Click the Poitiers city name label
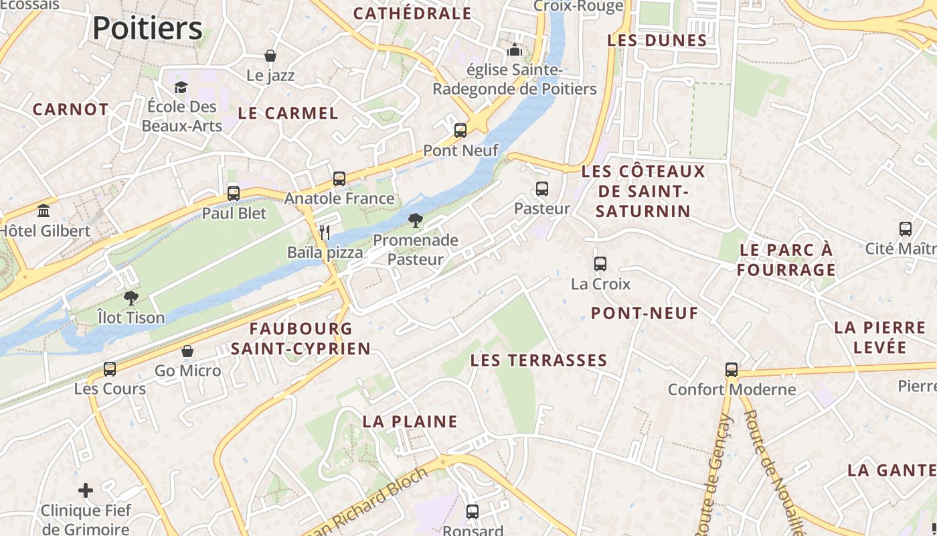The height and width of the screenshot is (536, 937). pyautogui.click(x=147, y=28)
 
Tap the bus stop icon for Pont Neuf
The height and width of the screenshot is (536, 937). pyautogui.click(x=460, y=131)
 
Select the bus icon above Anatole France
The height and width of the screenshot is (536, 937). pyautogui.click(x=339, y=179)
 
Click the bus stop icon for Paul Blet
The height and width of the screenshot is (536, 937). pyautogui.click(x=234, y=194)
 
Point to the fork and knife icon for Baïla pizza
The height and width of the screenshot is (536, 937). pyautogui.click(x=325, y=232)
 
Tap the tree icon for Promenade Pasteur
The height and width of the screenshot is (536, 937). pyautogui.click(x=416, y=220)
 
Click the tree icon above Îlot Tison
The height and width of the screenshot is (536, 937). pyautogui.click(x=131, y=297)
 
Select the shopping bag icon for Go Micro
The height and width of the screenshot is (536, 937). pyautogui.click(x=187, y=351)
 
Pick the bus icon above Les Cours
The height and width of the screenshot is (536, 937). pyautogui.click(x=110, y=369)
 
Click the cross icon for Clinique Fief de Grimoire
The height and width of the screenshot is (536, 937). pyautogui.click(x=86, y=490)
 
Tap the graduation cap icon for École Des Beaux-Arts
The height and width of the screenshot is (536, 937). pyautogui.click(x=181, y=87)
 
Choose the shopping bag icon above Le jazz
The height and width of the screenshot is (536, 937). pyautogui.click(x=270, y=56)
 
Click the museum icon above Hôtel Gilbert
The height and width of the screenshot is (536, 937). pyautogui.click(x=44, y=211)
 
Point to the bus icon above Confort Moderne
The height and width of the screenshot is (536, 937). pyautogui.click(x=732, y=370)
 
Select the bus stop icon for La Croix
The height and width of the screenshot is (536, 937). pyautogui.click(x=600, y=264)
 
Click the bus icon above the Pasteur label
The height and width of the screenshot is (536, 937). pyautogui.click(x=542, y=189)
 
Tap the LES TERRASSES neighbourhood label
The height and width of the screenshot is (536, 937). pyautogui.click(x=538, y=360)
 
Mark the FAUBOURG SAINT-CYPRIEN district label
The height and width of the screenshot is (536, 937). pyautogui.click(x=301, y=338)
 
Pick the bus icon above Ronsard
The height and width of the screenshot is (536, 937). pyautogui.click(x=473, y=512)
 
